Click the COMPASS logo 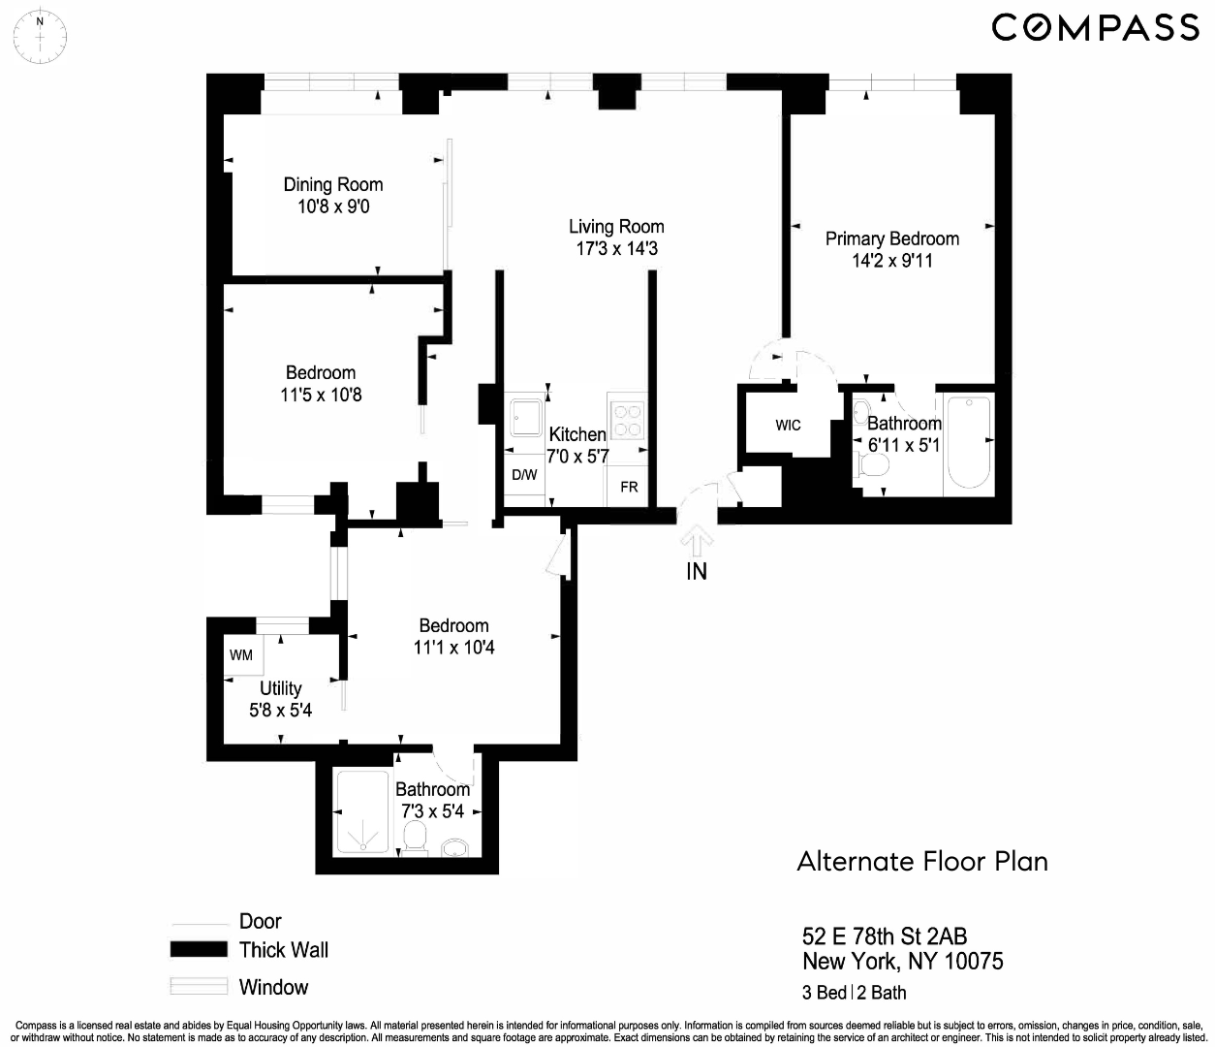(x=1096, y=27)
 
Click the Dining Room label (x=332, y=184)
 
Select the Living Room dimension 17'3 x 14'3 (x=616, y=249)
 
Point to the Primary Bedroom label (x=891, y=238)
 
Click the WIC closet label (x=788, y=425)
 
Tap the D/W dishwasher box (x=524, y=475)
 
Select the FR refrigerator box (x=629, y=486)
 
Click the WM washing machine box (x=241, y=655)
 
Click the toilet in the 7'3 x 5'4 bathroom (x=417, y=839)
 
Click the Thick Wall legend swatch (x=199, y=950)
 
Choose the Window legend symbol (x=199, y=987)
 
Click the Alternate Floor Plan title (x=921, y=861)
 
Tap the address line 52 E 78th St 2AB (x=884, y=936)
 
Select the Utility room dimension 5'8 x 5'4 (x=280, y=710)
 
